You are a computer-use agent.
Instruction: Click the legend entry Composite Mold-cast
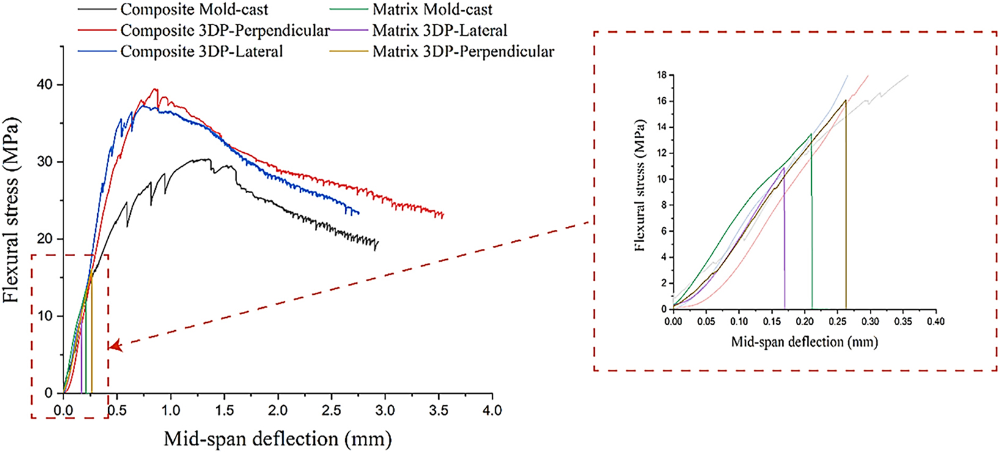pyautogui.click(x=194, y=10)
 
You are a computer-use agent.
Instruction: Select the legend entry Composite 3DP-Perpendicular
pyautogui.click(x=224, y=31)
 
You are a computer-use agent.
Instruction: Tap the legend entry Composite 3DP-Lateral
pyautogui.click(x=201, y=51)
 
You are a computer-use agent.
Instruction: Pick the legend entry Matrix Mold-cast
pyautogui.click(x=432, y=10)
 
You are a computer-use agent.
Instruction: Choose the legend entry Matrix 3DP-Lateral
pyautogui.click(x=439, y=31)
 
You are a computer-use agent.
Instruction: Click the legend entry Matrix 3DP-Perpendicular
pyautogui.click(x=463, y=51)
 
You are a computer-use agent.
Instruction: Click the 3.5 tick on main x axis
pyautogui.click(x=438, y=410)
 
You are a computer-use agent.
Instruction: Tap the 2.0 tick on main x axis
pyautogui.click(x=278, y=410)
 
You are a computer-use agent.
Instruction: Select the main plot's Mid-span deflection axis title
pyautogui.click(x=278, y=438)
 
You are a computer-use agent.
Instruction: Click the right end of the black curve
pyautogui.click(x=378, y=243)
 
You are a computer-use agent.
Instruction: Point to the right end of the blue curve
pyautogui.click(x=358, y=213)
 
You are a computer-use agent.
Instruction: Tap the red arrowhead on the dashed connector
pyautogui.click(x=114, y=347)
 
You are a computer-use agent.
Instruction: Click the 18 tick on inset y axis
pyautogui.click(x=661, y=75)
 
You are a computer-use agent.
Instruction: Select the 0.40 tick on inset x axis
pyautogui.click(x=935, y=321)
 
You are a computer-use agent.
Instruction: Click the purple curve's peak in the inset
pyautogui.click(x=783, y=168)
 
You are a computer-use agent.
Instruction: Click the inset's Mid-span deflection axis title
pyautogui.click(x=804, y=342)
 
